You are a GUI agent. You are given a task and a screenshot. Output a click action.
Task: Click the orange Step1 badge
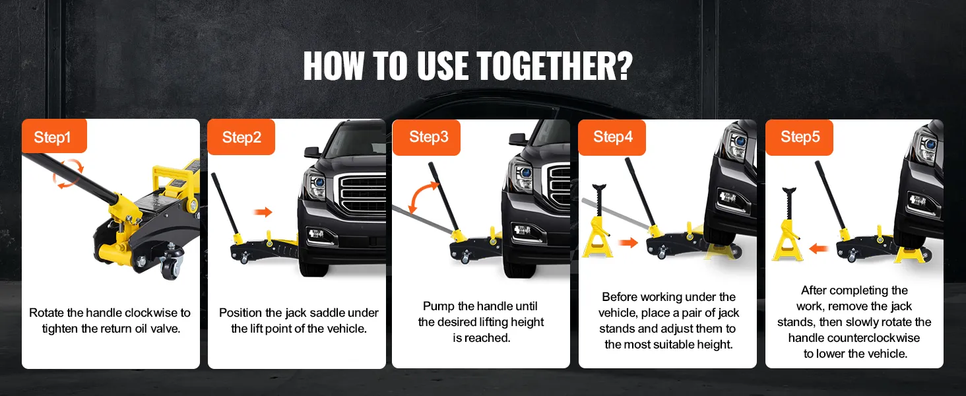click(x=54, y=137)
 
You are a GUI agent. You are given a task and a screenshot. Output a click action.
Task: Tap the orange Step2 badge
click(x=241, y=137)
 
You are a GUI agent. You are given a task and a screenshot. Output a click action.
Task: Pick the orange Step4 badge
click(x=612, y=137)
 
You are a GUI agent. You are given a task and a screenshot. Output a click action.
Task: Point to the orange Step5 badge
click(x=799, y=137)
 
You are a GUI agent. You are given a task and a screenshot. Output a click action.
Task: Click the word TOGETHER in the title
click(x=554, y=66)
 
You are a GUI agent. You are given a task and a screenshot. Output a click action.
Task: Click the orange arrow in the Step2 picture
click(x=263, y=212)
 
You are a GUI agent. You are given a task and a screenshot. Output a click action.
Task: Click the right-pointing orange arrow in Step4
click(x=628, y=242)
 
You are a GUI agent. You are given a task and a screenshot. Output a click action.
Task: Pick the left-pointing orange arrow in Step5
click(x=818, y=248)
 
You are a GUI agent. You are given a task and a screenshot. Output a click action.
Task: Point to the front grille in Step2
click(x=363, y=193)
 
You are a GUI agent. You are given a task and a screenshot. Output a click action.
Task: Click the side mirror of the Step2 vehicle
click(x=313, y=152)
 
